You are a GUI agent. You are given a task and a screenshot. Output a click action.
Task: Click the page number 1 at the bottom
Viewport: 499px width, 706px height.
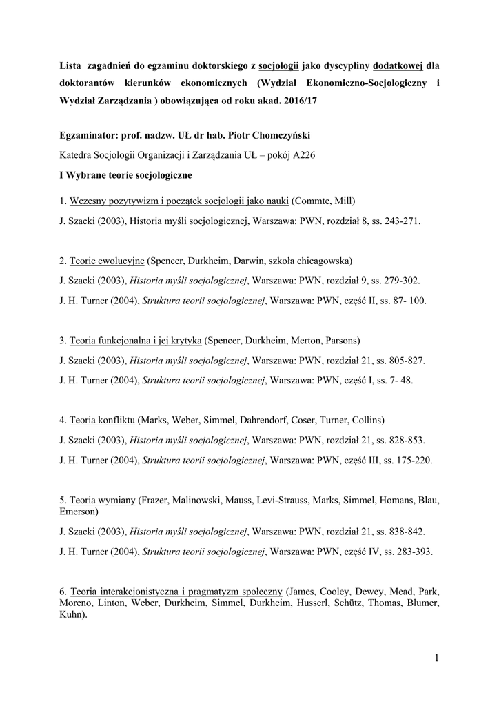(436, 658)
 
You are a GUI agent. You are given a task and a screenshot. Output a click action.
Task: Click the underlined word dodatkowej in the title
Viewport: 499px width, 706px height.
(397, 66)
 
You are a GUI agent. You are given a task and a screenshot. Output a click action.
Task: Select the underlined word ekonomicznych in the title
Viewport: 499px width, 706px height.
(214, 83)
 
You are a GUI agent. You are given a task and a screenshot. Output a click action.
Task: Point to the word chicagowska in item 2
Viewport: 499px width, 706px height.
(326, 261)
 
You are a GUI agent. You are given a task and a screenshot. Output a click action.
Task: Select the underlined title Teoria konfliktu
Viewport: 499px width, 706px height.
(102, 420)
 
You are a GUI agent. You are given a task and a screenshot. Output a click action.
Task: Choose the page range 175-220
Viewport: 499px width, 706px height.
(411, 460)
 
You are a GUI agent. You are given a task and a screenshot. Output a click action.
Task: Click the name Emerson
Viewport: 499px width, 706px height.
(78, 512)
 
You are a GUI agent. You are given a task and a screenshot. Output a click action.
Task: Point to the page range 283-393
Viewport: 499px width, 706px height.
(411, 552)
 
